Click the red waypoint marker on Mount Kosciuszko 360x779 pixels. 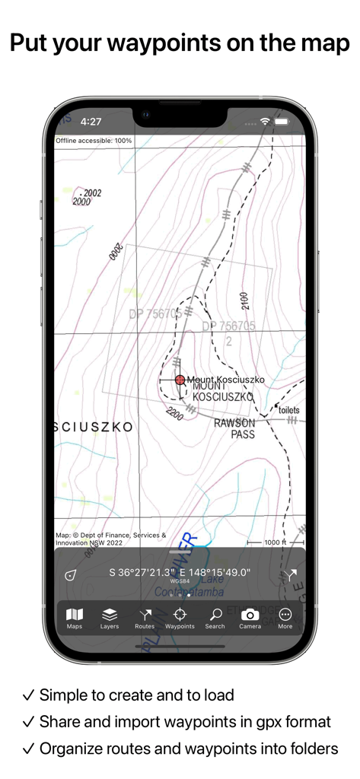180,380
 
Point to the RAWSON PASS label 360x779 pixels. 234,428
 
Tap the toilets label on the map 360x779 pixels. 289,410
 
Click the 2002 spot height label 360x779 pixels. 91,193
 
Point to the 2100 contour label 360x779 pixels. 244,300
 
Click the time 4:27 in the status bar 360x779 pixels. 91,122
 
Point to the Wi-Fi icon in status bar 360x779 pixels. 265,122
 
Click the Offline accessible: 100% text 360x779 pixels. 94,141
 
